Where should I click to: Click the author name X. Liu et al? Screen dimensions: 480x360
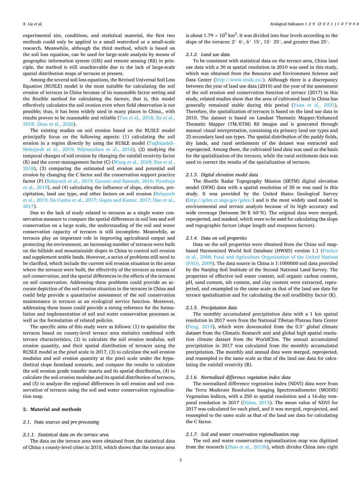click(x=32, y=24)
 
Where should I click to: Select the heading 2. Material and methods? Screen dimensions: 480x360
click(x=51, y=409)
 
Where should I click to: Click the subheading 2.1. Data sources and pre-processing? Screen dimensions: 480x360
click(x=60, y=422)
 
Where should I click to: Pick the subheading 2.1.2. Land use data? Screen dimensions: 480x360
click(x=207, y=54)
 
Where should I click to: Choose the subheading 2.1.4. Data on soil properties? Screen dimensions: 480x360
click(x=216, y=238)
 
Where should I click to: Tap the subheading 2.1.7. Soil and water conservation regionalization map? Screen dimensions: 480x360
click(x=242, y=434)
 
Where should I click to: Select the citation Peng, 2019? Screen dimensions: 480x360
click(x=198, y=326)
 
